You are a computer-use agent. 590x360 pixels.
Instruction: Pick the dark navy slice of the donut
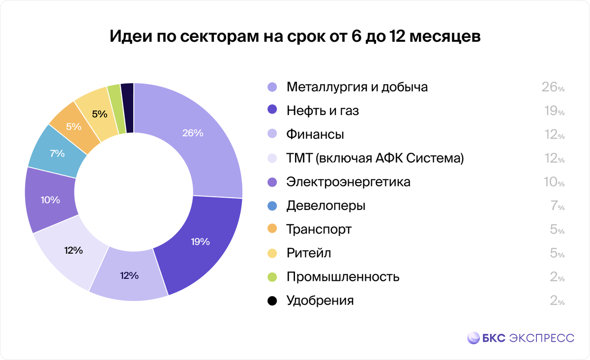pos(127,107)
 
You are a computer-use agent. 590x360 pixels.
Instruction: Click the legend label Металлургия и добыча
pos(357,87)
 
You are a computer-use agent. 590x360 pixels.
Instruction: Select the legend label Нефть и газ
pos(323,111)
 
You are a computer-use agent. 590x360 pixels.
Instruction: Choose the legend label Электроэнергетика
pos(348,182)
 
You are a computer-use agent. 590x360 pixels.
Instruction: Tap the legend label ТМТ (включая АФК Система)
pos(375,158)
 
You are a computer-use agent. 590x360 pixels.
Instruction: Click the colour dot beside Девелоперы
pos(272,206)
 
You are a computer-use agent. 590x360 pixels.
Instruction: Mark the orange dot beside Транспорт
pos(272,229)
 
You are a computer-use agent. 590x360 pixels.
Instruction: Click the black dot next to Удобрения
pos(272,300)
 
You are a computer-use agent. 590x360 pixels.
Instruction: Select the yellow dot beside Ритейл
pos(272,253)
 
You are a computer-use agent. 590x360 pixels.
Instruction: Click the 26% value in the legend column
pos(553,88)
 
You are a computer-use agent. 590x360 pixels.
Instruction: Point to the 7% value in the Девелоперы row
pos(557,206)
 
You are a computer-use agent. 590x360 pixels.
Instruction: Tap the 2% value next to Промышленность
pos(557,277)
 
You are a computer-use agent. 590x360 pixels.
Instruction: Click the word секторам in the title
pos(213,38)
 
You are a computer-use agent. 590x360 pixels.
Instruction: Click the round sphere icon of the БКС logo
pos(473,338)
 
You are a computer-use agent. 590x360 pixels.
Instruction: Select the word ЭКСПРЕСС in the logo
pos(541,338)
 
